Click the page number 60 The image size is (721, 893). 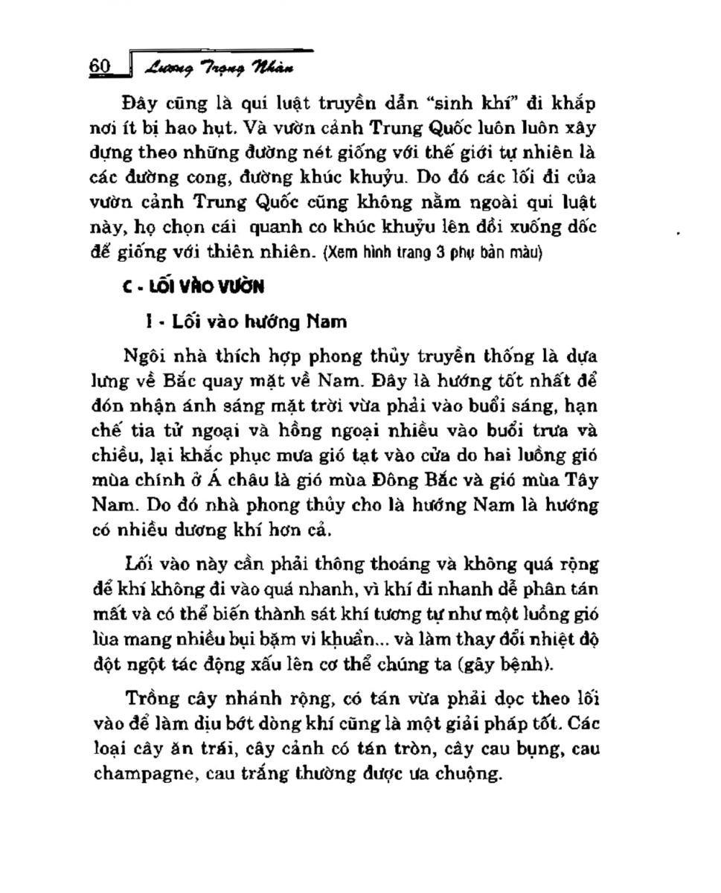(x=100, y=66)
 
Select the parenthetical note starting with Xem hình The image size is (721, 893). (x=434, y=253)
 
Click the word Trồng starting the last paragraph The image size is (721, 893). (x=151, y=699)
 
